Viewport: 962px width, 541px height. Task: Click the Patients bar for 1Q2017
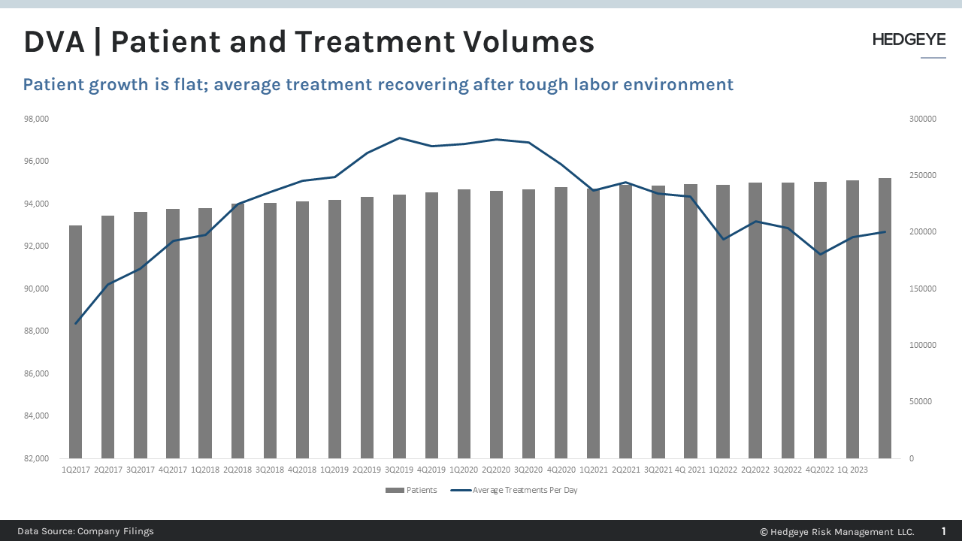coord(75,342)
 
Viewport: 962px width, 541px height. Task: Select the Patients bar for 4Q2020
coord(561,323)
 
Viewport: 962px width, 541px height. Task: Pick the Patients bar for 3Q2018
coord(270,331)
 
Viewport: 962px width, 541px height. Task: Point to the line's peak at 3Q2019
coord(399,138)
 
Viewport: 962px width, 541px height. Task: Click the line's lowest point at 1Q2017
coord(76,323)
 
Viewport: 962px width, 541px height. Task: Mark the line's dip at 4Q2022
coord(819,254)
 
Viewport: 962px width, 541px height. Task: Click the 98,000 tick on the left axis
coord(37,119)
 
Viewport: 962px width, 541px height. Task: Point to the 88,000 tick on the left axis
coord(37,331)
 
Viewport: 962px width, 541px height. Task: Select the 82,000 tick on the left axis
coord(37,458)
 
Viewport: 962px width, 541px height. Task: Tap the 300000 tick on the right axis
coord(922,119)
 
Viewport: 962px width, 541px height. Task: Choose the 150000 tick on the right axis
coord(922,289)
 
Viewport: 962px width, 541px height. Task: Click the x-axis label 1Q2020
coord(464,470)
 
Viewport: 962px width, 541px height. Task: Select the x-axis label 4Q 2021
coord(690,470)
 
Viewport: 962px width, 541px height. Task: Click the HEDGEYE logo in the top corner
coord(909,41)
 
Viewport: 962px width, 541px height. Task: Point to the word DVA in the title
coord(53,42)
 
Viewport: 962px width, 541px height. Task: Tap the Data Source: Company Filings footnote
coord(86,531)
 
